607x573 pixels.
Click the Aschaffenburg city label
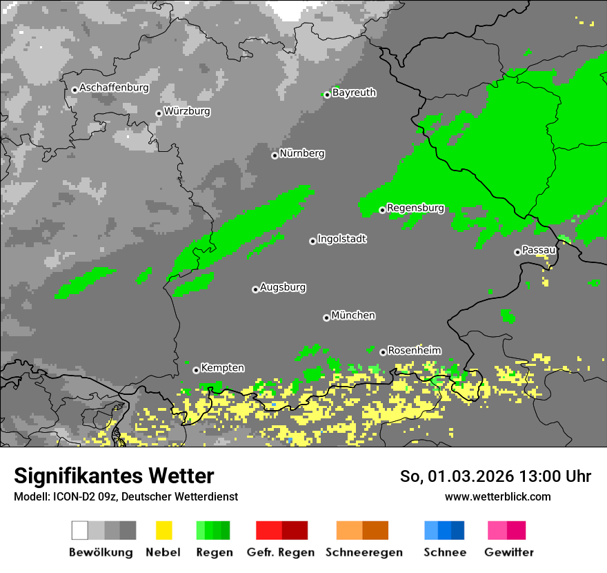click(x=114, y=88)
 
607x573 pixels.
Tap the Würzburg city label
click(x=187, y=111)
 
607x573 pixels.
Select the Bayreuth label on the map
click(x=354, y=93)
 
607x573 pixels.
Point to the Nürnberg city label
click(x=302, y=154)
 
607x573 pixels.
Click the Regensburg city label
click(x=415, y=208)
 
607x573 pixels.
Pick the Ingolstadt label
click(x=342, y=240)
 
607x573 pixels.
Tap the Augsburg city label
click(x=283, y=287)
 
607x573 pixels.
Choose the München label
click(x=353, y=315)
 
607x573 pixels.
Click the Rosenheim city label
click(x=414, y=351)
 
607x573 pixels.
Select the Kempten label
click(x=222, y=369)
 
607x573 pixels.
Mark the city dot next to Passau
click(x=517, y=252)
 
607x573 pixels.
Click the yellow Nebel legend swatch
click(x=163, y=530)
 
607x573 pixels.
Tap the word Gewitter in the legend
click(x=509, y=552)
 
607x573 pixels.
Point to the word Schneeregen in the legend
click(x=364, y=552)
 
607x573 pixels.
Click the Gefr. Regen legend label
click(x=281, y=552)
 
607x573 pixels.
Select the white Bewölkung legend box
click(x=80, y=530)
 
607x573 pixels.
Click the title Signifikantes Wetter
click(x=114, y=476)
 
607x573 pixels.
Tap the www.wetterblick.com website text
click(x=497, y=497)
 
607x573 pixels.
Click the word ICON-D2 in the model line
click(x=71, y=497)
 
